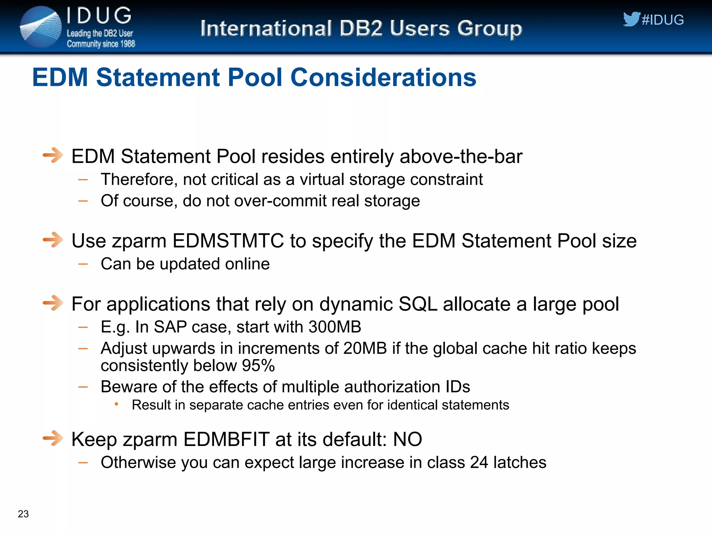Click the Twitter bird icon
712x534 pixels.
631,19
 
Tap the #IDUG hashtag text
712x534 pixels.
663,20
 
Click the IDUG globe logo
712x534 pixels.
41,27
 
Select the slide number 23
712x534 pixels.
23,514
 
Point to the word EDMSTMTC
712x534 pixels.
228,241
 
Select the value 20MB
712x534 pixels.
365,348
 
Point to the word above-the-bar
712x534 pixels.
461,156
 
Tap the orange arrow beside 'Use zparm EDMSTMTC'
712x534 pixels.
53,240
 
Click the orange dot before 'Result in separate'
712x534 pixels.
116,404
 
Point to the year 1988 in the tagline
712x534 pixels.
128,44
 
